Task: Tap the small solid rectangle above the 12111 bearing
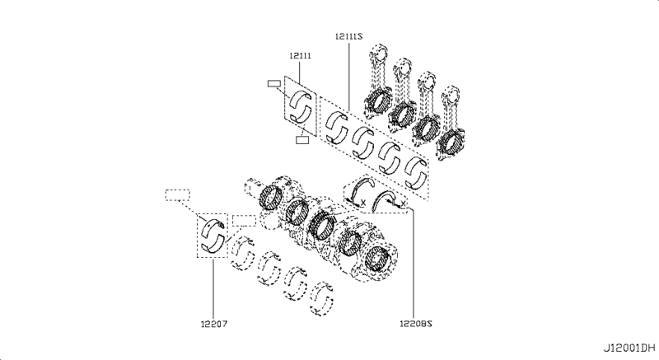[274, 82]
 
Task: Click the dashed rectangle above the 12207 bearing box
[177, 196]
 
